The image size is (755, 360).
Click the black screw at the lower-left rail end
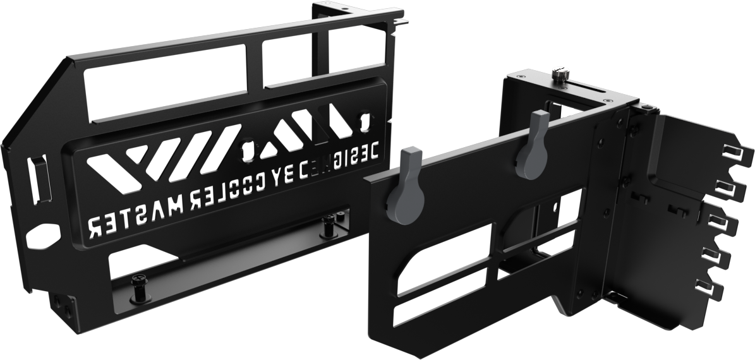coord(138,287)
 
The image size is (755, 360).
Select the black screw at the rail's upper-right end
coord(329,224)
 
